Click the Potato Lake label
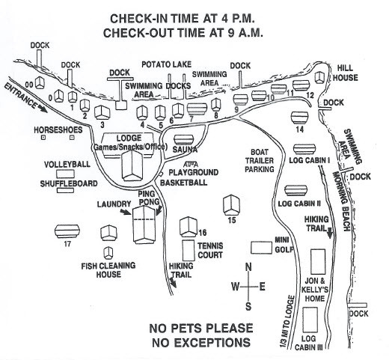[x=166, y=64]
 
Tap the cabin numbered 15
[x=231, y=205]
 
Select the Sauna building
[x=184, y=140]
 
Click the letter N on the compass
[x=248, y=267]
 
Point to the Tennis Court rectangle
[x=189, y=250]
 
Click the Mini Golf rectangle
[x=261, y=248]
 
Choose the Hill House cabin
[x=319, y=78]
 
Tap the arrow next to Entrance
[x=42, y=109]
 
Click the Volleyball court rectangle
[x=65, y=174]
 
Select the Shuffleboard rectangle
[x=65, y=190]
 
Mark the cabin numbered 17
[x=67, y=231]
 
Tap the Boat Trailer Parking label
[x=260, y=161]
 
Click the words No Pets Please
[x=201, y=328]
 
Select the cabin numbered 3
[x=102, y=112]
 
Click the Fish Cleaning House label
[x=108, y=270]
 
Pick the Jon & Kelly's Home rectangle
[x=318, y=261]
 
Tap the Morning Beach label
[x=341, y=201]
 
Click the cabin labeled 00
[x=40, y=83]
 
